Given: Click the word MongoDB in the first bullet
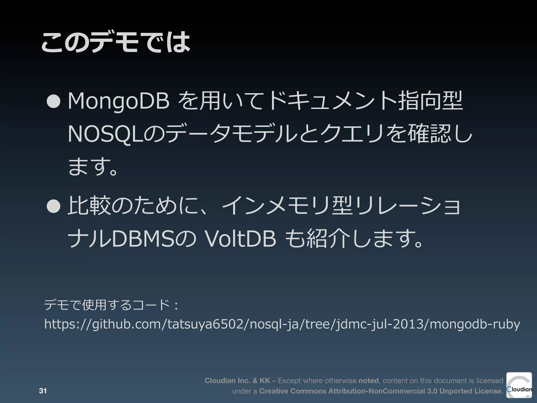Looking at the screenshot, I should tap(119, 101).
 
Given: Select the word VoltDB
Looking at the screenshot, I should tap(240, 239).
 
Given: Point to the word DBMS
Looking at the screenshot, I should tap(143, 239).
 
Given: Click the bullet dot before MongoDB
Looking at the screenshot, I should tap(53, 101).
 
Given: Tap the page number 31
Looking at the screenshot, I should tap(43, 391).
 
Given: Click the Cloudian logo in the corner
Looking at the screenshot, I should tap(519, 385).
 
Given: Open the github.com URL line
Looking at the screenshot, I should tap(282, 324).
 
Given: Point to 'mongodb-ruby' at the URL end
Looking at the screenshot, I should tap(475, 324).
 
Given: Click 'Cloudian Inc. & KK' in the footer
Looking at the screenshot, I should tap(237, 380).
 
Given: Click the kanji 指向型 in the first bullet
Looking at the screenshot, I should tap(430, 101).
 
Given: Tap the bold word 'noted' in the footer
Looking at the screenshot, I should tap(368, 380).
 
